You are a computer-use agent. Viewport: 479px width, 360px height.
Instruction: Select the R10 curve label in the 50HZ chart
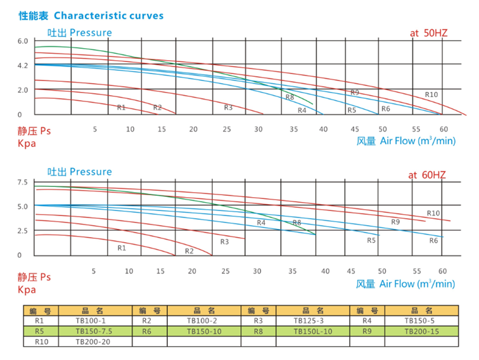[431, 95]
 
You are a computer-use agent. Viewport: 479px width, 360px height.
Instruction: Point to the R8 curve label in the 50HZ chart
[290, 98]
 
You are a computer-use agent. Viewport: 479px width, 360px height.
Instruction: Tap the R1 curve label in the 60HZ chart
[122, 248]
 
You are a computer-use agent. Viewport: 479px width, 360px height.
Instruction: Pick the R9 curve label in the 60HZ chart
[395, 222]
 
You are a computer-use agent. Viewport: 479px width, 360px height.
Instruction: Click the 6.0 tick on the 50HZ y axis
[23, 41]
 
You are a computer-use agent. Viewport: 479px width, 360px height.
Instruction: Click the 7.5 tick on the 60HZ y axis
[23, 183]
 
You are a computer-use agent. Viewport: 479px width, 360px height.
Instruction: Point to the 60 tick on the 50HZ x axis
[444, 129]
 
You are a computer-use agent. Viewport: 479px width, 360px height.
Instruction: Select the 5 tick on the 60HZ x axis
[94, 271]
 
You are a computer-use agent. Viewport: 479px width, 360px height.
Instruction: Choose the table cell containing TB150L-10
[314, 331]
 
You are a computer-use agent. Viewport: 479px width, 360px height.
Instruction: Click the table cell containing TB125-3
[314, 321]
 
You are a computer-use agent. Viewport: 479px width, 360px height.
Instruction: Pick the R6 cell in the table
[146, 331]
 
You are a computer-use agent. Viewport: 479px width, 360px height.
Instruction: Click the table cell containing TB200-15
[421, 331]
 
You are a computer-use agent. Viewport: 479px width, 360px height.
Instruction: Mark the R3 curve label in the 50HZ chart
[228, 108]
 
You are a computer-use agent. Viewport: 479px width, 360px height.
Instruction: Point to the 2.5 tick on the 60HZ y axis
[23, 231]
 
